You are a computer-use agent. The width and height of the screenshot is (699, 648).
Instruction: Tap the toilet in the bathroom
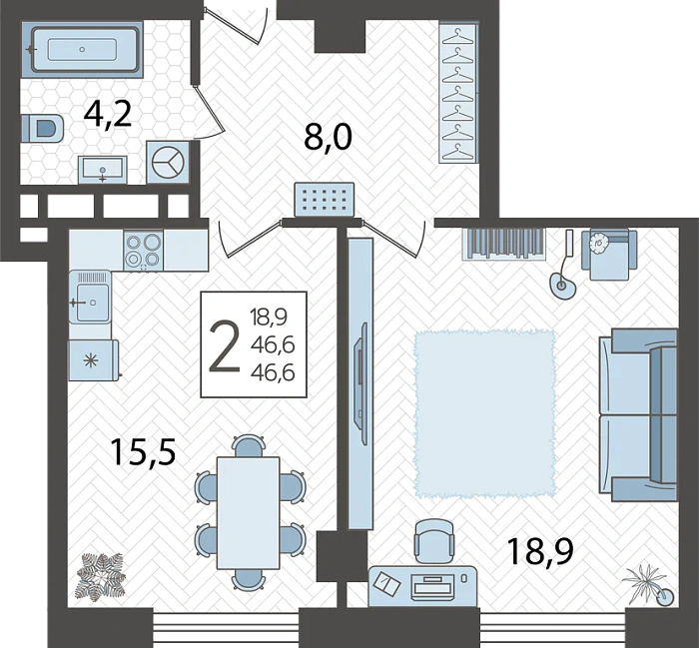tap(42, 129)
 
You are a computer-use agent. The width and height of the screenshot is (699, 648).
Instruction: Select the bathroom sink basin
tap(103, 170)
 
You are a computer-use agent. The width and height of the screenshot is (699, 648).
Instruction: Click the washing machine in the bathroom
tap(168, 162)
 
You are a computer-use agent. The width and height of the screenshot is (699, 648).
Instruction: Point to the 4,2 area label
tap(108, 115)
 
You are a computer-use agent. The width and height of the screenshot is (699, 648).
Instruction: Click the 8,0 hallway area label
tap(329, 137)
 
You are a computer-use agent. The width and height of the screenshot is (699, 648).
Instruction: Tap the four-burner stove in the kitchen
tap(144, 251)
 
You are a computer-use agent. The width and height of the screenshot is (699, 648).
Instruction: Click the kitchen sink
tap(91, 297)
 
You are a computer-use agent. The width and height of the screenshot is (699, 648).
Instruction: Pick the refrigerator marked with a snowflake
tap(93, 360)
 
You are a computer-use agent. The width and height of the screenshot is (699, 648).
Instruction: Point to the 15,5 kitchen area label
tap(143, 451)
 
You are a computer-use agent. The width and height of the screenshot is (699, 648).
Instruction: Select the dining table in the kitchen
tap(249, 512)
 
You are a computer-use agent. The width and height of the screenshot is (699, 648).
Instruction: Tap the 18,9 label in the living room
tap(539, 551)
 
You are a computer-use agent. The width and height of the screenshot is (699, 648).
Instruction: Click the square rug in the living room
tap(485, 413)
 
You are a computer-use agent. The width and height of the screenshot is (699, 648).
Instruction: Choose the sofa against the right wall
tap(638, 414)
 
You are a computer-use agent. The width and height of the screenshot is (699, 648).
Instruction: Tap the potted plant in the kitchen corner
tap(101, 576)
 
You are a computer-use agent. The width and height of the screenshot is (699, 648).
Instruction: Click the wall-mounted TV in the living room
tap(359, 375)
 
